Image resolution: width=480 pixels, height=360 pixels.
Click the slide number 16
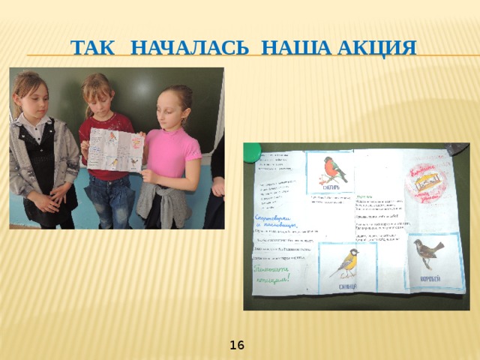click(x=237, y=345)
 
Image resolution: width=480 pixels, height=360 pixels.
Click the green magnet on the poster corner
click(x=253, y=151)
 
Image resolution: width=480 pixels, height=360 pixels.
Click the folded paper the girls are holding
click(x=115, y=150)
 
